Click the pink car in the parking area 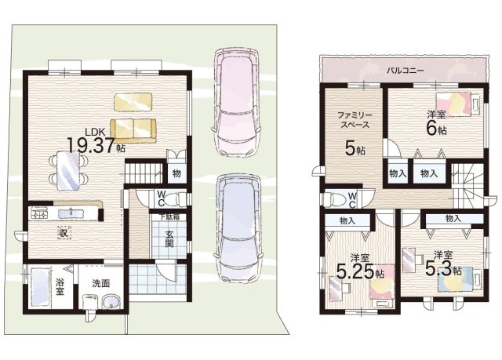[x=236, y=102]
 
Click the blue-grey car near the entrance [x=238, y=228]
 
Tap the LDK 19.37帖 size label [x=96, y=140]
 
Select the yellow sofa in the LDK [x=133, y=130]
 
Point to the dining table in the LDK [x=68, y=170]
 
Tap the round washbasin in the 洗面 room [x=111, y=302]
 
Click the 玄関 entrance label [x=169, y=238]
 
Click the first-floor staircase [x=144, y=173]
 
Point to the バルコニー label [x=405, y=71]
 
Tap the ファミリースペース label [x=355, y=120]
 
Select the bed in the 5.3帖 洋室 [x=460, y=278]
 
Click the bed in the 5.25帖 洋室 [x=382, y=285]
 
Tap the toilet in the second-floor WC [x=334, y=200]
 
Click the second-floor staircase [x=467, y=185]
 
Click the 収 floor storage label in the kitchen [x=64, y=233]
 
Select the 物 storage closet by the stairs [x=177, y=174]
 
